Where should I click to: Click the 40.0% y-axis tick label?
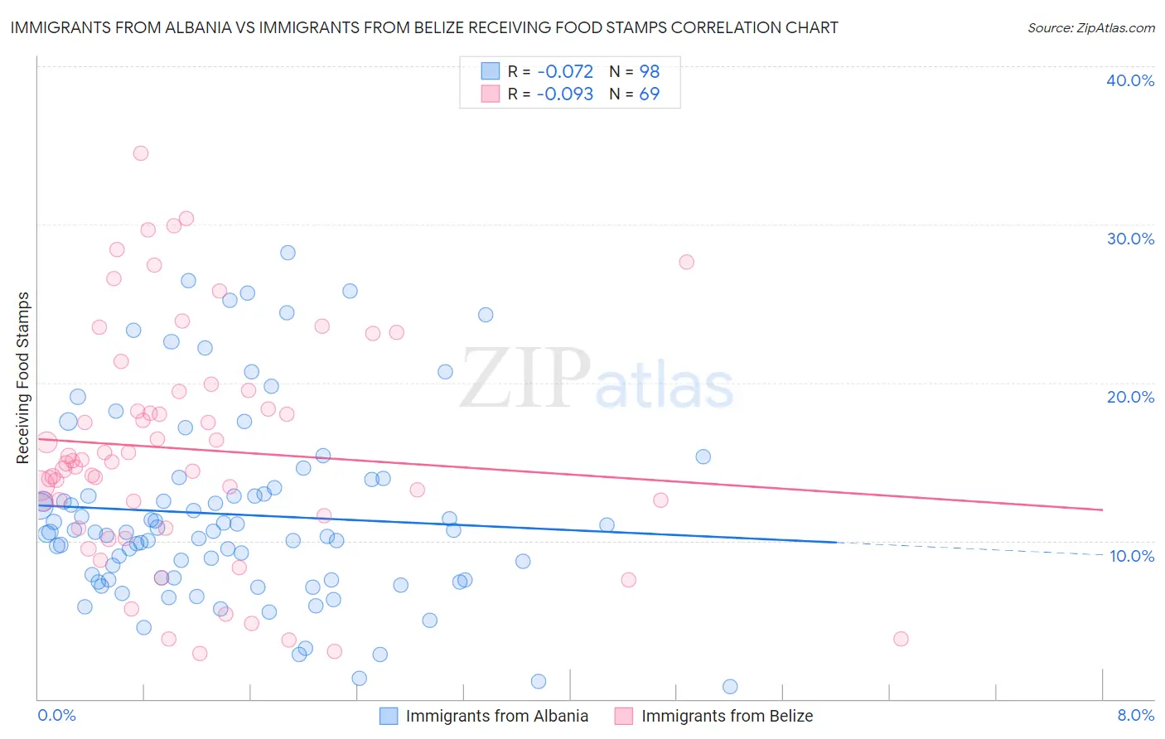point(1130,80)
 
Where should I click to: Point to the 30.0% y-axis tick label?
point(1130,239)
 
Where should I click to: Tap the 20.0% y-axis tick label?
point(1130,397)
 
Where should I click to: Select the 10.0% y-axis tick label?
point(1132,556)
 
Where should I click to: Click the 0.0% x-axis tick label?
point(56,715)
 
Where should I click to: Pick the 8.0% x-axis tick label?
point(1135,715)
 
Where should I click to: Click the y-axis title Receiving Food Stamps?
point(23,378)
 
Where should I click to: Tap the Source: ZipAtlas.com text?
point(1090,27)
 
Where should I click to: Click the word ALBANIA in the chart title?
point(214,27)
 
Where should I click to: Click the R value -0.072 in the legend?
point(564,72)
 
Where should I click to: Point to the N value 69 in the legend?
point(649,94)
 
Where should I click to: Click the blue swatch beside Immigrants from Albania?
point(388,716)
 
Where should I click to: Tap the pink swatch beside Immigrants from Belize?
point(623,716)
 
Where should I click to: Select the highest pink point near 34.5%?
point(141,153)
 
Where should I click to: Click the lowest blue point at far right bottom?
point(730,686)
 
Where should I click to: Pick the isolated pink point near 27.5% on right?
point(686,262)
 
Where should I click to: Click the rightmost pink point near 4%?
point(901,639)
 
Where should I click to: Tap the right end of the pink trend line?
point(1102,510)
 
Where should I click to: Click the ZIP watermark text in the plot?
point(525,379)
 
